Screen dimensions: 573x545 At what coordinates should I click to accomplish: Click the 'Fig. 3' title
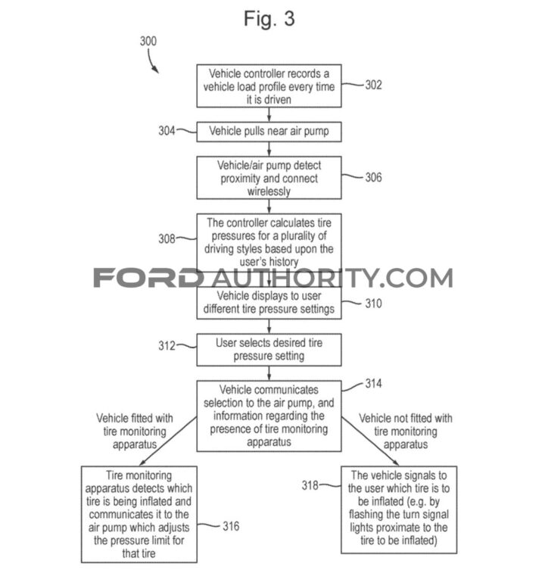[x=269, y=18]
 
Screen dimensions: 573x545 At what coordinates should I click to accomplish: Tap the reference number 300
[x=149, y=42]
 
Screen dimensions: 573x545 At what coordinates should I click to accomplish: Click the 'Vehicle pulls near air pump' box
[x=269, y=131]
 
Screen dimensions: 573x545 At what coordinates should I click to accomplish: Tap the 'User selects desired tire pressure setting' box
[x=269, y=350]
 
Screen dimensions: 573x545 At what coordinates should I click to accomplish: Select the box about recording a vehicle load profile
[x=269, y=86]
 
